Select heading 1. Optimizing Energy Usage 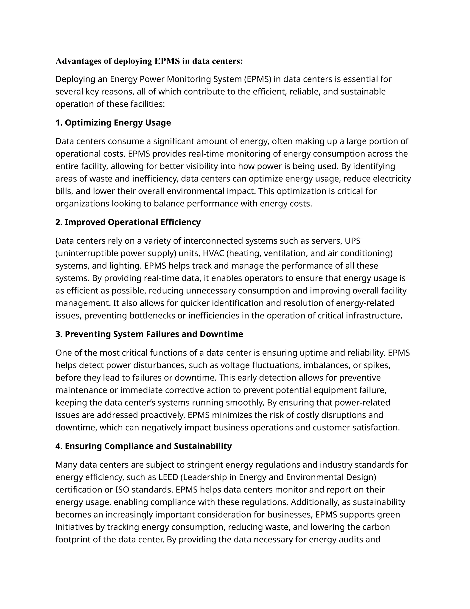[x=113, y=123]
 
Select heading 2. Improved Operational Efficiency [x=128, y=222]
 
